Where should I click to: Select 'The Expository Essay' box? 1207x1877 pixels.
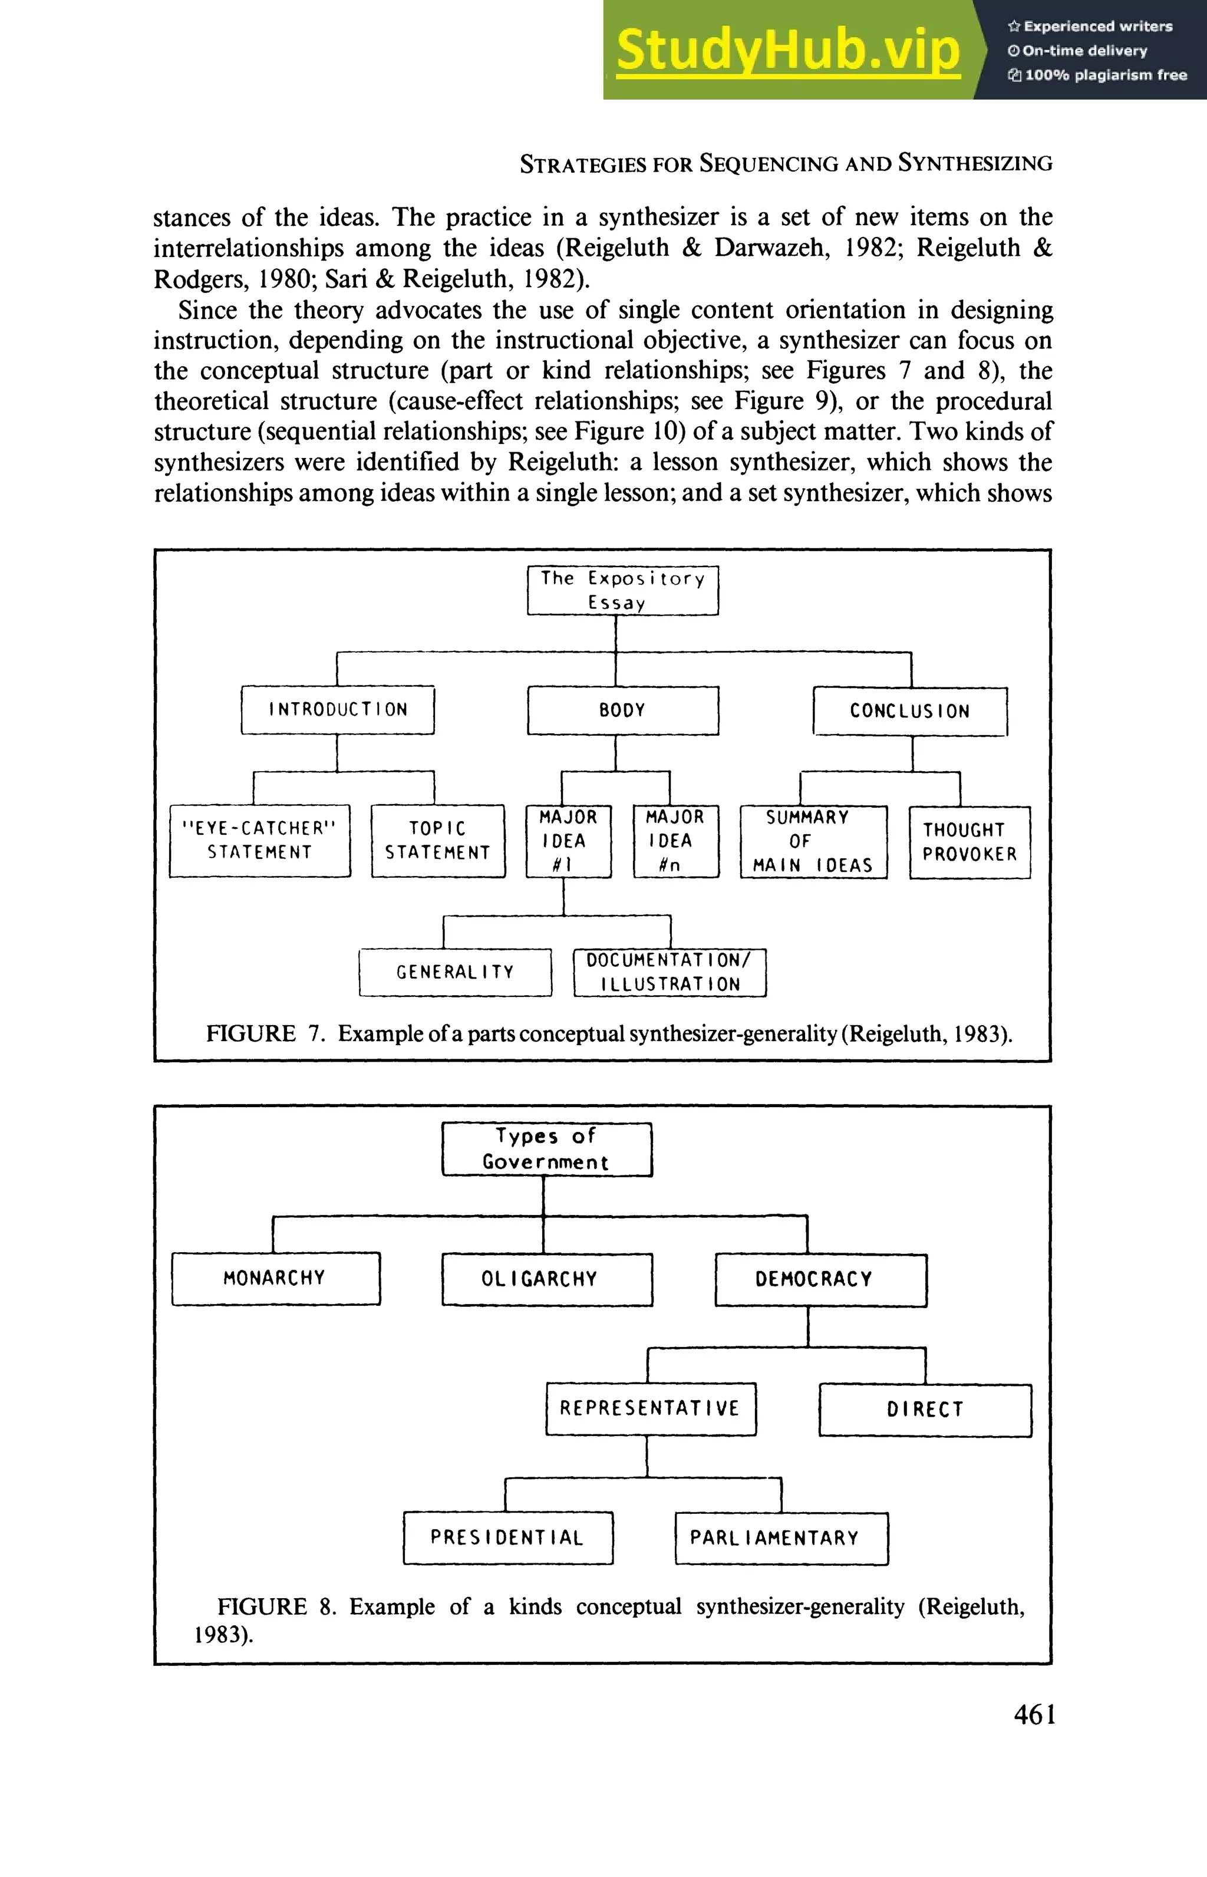coord(622,590)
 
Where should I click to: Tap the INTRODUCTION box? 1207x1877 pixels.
coord(337,710)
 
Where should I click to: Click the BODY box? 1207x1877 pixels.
coord(622,710)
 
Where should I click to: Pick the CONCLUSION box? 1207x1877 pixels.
coord(909,711)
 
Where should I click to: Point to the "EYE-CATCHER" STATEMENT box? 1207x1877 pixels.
coord(259,841)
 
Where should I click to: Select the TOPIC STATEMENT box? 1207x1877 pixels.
coord(437,841)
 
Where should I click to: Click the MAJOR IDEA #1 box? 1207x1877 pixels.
coord(568,841)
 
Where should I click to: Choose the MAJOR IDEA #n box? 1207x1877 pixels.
coord(675,841)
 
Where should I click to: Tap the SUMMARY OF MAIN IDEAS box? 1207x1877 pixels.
coord(813,841)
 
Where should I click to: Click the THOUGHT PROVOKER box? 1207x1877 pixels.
coord(969,842)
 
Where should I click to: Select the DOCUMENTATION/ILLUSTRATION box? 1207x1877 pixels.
coord(670,972)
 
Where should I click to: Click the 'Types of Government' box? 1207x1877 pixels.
coord(546,1150)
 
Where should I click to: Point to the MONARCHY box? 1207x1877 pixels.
coord(275,1278)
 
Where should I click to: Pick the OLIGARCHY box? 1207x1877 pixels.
coord(546,1279)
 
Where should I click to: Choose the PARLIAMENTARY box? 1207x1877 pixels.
coord(781,1538)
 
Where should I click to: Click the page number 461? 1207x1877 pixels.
coord(1034,1715)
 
